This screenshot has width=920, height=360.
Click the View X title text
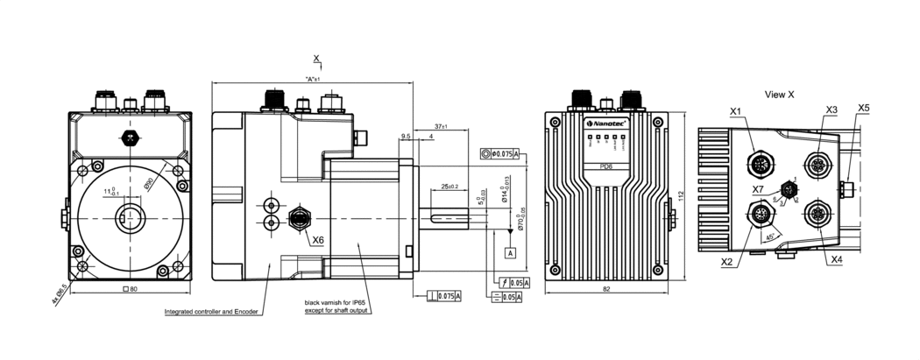[779, 94]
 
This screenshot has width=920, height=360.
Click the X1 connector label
[736, 111]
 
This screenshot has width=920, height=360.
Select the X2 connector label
[726, 262]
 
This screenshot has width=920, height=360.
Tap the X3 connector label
[832, 109]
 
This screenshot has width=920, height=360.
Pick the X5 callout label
[864, 109]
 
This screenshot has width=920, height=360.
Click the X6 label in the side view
[317, 240]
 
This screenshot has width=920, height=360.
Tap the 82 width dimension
[606, 288]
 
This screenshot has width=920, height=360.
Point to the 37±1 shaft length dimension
[440, 128]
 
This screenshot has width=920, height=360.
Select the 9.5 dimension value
[405, 137]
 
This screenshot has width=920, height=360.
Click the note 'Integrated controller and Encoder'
[212, 311]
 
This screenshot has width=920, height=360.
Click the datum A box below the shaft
[509, 252]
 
